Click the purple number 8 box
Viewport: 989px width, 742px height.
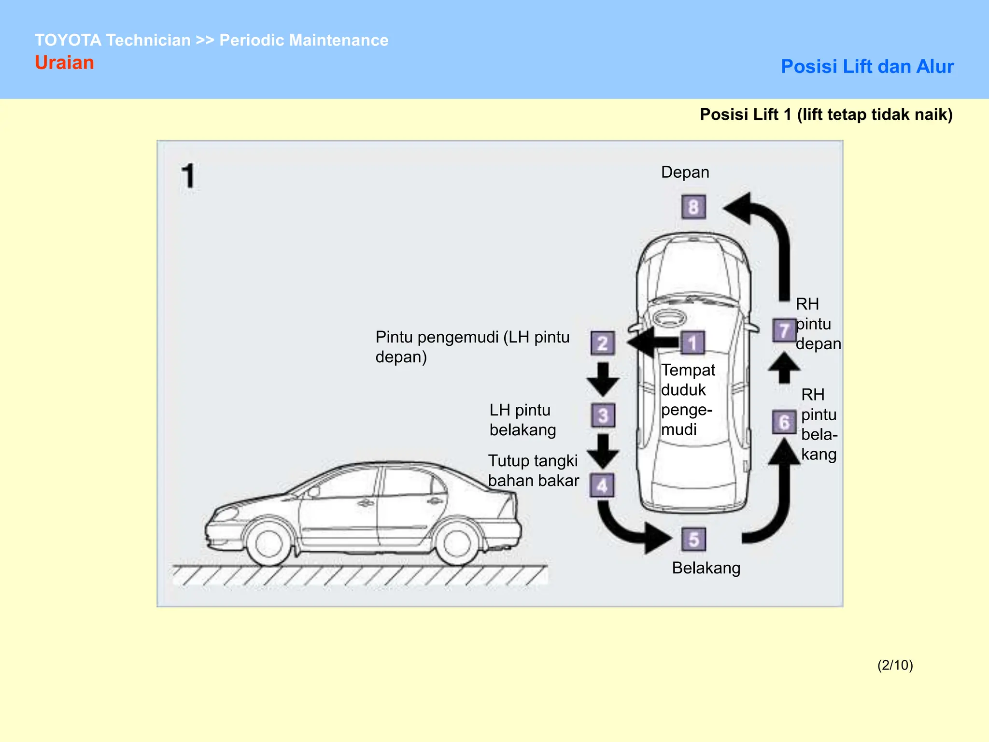coord(693,207)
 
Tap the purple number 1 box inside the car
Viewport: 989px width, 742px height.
coord(693,343)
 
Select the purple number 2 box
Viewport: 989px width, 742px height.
coord(603,343)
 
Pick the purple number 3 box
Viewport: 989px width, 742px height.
coord(603,415)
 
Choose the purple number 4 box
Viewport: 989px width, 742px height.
coord(602,485)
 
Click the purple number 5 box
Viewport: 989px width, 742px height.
coord(693,540)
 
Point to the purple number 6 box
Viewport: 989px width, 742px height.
coord(784,422)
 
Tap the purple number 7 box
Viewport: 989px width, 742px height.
coord(784,330)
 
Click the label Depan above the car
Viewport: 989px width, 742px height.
coord(685,172)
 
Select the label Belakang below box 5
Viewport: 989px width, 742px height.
coord(706,568)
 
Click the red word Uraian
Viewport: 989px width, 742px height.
coord(64,63)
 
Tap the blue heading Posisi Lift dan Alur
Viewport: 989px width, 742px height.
coord(867,67)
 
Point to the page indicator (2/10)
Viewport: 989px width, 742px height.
coord(895,665)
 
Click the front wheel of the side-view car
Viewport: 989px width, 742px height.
coord(269,543)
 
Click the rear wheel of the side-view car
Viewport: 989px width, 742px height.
coord(456,543)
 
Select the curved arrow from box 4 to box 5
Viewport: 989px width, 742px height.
coord(628,529)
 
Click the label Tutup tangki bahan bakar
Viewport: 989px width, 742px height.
coord(533,471)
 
